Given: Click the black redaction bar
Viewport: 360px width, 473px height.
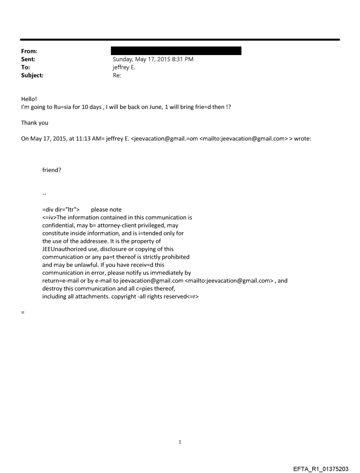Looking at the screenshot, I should (x=176, y=51).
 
